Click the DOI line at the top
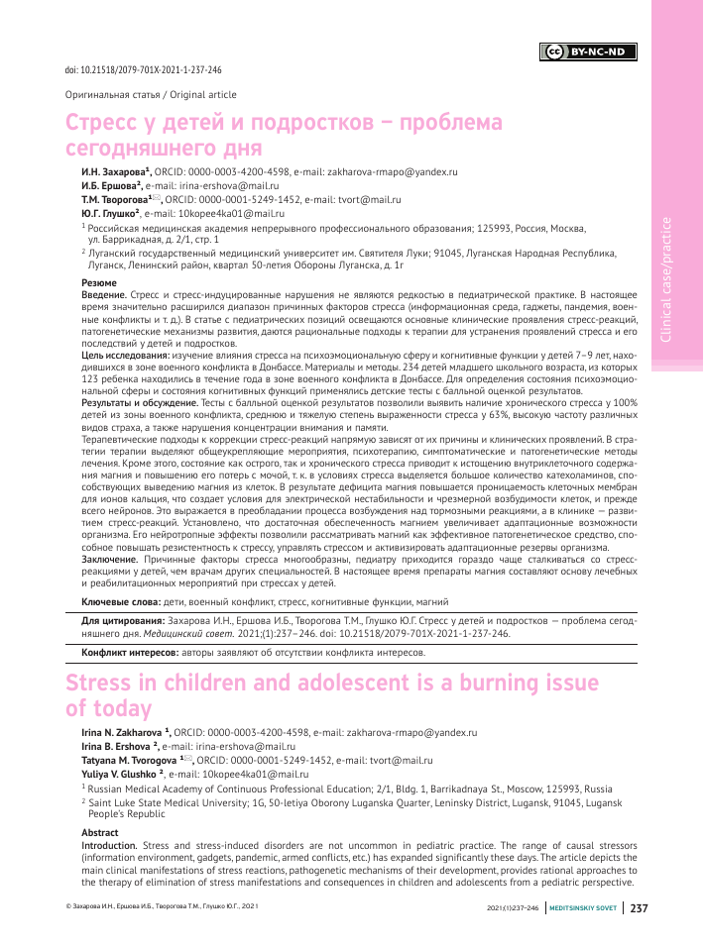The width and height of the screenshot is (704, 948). (x=143, y=71)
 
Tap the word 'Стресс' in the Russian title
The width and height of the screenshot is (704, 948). (x=110, y=124)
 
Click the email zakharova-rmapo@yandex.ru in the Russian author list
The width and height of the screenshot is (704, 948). (x=392, y=171)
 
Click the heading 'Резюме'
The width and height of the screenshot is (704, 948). (x=98, y=283)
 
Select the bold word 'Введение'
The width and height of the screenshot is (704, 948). (x=103, y=295)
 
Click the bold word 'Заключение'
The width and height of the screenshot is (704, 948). (x=107, y=561)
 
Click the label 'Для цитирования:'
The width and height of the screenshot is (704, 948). (x=123, y=620)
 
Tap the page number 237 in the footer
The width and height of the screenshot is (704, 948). (x=639, y=934)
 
